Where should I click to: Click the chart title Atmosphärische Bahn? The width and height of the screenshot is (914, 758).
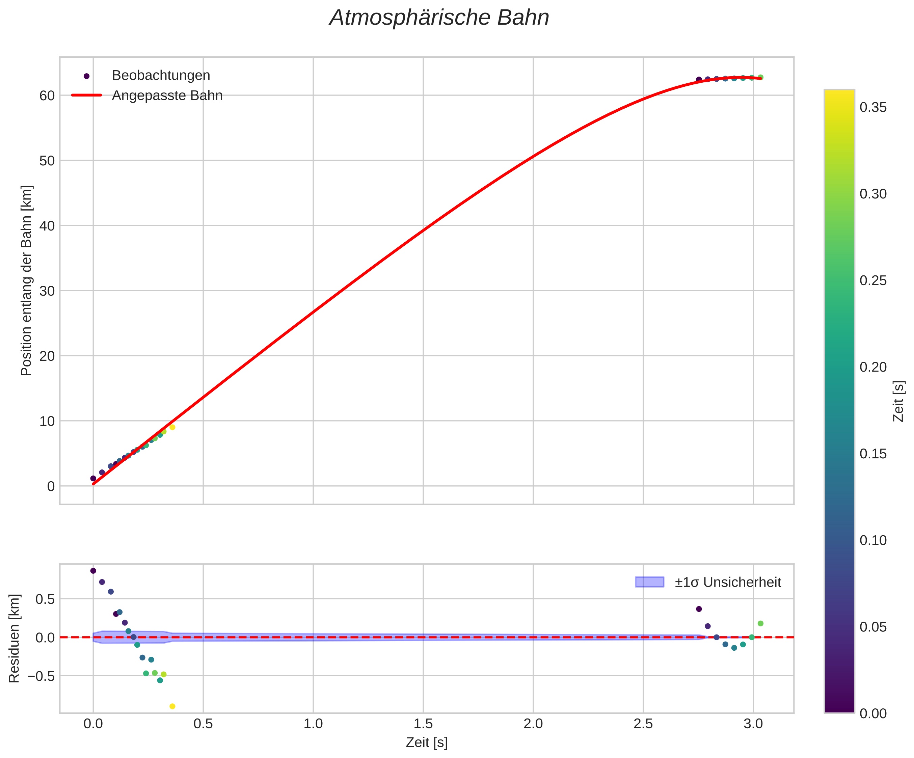tap(439, 18)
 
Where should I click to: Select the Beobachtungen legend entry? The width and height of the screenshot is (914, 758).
tap(161, 76)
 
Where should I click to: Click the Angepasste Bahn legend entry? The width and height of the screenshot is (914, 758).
tap(167, 96)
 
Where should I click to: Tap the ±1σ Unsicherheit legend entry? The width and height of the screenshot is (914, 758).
tap(728, 582)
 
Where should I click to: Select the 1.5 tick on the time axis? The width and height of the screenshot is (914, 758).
tap(423, 724)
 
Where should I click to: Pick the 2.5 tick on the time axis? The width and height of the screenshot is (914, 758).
tap(643, 724)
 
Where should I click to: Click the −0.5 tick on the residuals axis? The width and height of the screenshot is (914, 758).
tap(42, 676)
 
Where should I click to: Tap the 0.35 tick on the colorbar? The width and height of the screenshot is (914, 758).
tap(873, 107)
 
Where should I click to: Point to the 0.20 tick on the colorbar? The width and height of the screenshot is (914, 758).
tap(873, 367)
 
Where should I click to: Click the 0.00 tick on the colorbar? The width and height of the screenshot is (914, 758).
tap(873, 713)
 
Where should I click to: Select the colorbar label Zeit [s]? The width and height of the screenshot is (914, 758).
tap(898, 401)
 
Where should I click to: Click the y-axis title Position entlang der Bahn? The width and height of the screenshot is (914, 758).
tap(27, 281)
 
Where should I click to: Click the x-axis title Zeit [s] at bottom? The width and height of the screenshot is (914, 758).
tap(427, 743)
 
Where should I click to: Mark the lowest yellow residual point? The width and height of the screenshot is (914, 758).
tap(172, 706)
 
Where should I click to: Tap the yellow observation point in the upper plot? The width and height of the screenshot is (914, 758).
tap(172, 427)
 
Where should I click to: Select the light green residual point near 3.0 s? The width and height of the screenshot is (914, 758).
tap(760, 624)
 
